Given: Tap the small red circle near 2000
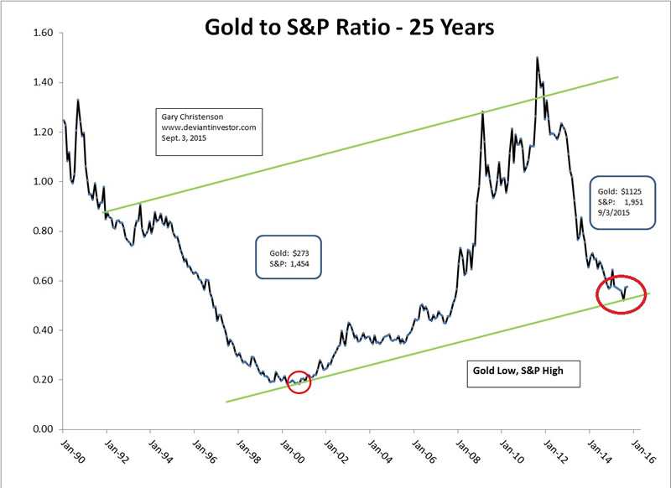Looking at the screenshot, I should (298, 382).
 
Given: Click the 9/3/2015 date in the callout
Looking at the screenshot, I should (613, 214).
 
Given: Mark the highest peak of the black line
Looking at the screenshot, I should (536, 58).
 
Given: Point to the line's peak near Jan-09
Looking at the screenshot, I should (483, 111).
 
